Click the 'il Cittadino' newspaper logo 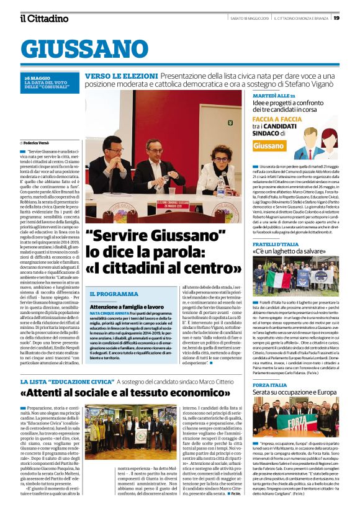coord(44,18)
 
